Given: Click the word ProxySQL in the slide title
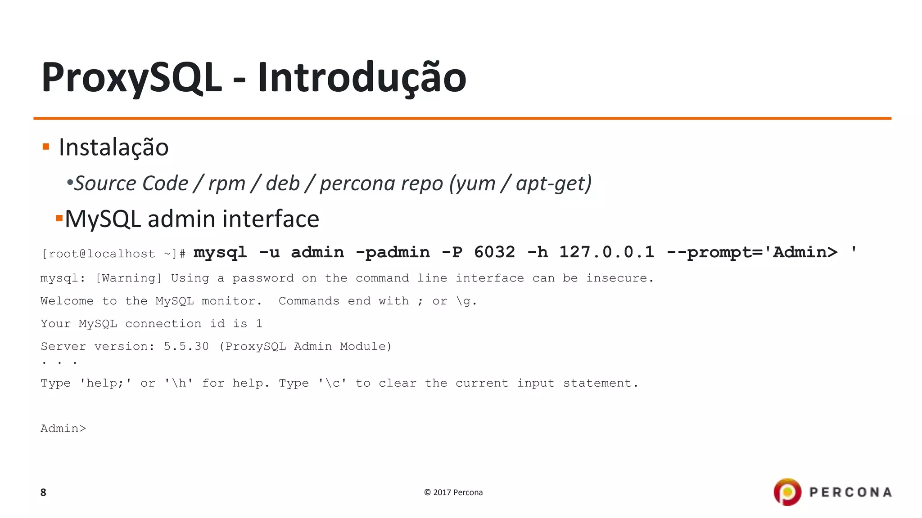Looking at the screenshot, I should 131,78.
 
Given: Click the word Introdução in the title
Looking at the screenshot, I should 362,78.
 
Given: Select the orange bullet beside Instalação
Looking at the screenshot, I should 46,147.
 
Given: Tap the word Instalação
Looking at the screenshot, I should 113,147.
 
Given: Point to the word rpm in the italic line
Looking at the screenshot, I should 226,183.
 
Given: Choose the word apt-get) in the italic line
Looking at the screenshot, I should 554,183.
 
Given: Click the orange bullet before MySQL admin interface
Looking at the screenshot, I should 59,219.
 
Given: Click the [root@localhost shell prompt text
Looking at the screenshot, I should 98,254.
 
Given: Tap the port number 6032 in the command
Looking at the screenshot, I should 494,252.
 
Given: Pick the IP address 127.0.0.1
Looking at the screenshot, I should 606,252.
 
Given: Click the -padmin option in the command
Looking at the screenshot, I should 393,252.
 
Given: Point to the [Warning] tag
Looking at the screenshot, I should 128,278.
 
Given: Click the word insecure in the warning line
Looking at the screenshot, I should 619,278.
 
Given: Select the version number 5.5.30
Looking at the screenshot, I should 186,346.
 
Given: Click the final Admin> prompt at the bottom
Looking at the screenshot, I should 63,429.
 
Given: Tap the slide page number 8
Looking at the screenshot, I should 43,492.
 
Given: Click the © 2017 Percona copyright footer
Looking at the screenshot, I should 453,492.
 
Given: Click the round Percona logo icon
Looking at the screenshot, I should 787,492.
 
